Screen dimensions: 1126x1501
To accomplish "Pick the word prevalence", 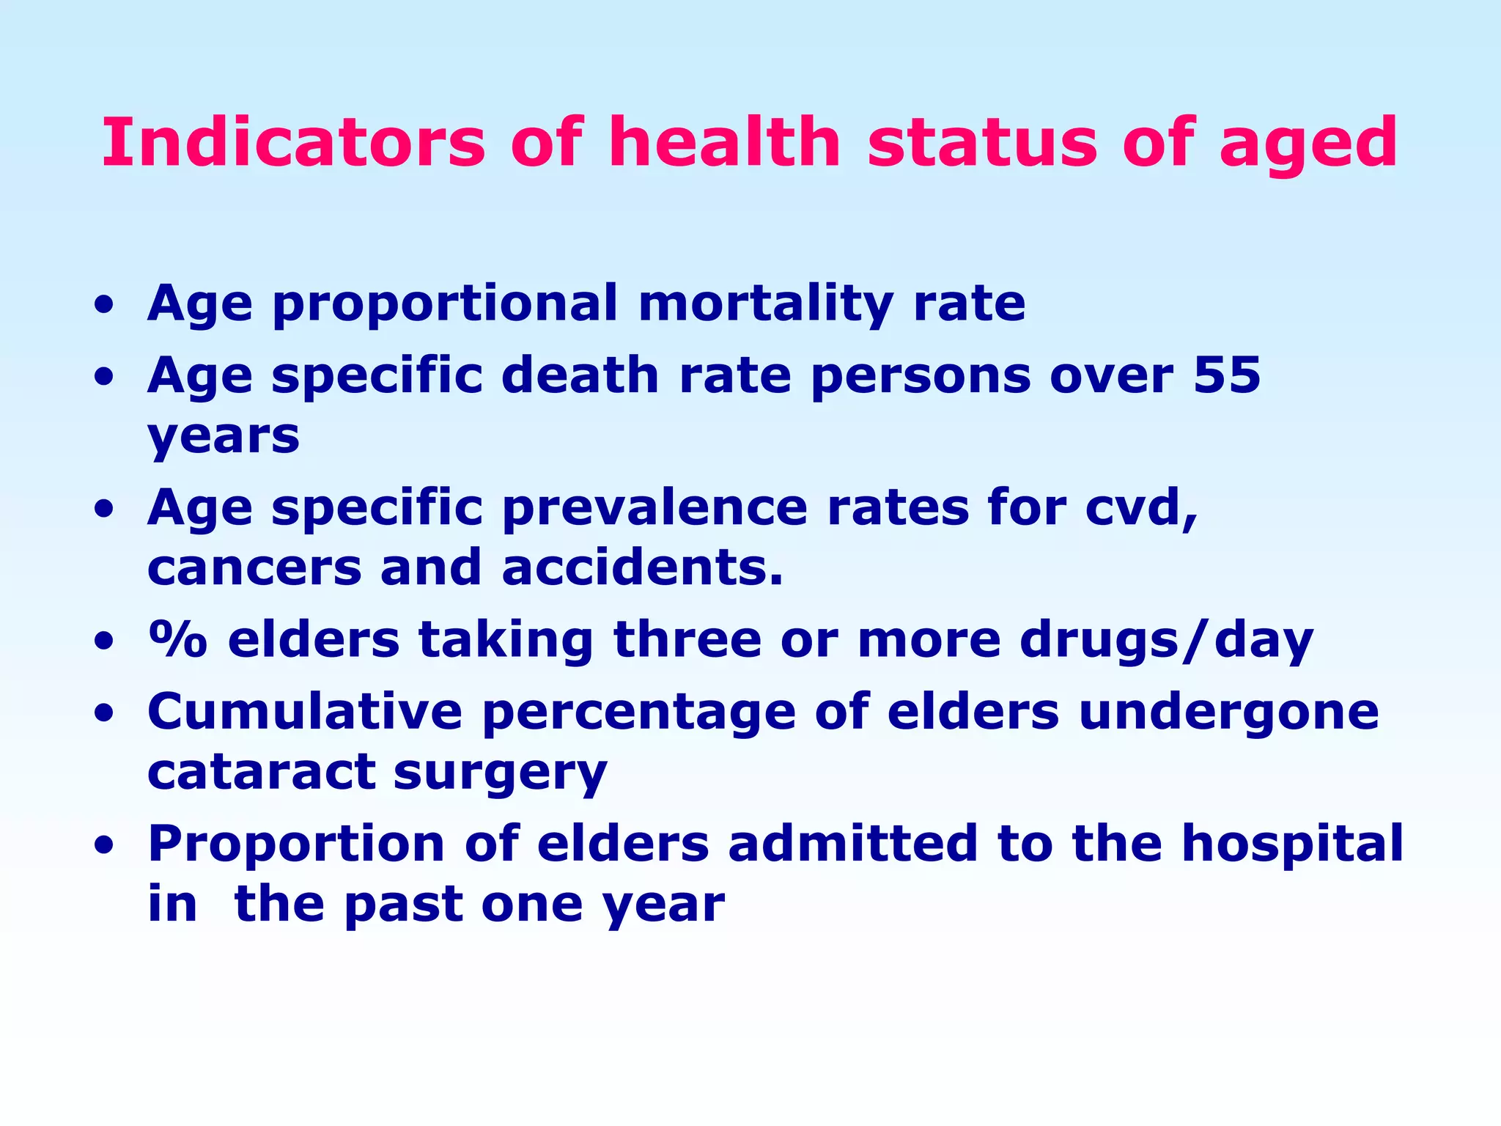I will (654, 507).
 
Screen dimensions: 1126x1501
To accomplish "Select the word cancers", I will (254, 567).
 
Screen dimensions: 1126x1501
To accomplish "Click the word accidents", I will (643, 567).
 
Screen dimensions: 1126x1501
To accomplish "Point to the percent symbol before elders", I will (178, 639).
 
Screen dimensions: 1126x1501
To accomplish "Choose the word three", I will (687, 639).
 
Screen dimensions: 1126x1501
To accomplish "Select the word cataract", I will (260, 772).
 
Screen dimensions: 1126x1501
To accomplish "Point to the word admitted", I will (853, 843).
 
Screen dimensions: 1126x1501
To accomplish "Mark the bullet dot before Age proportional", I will (105, 304).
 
